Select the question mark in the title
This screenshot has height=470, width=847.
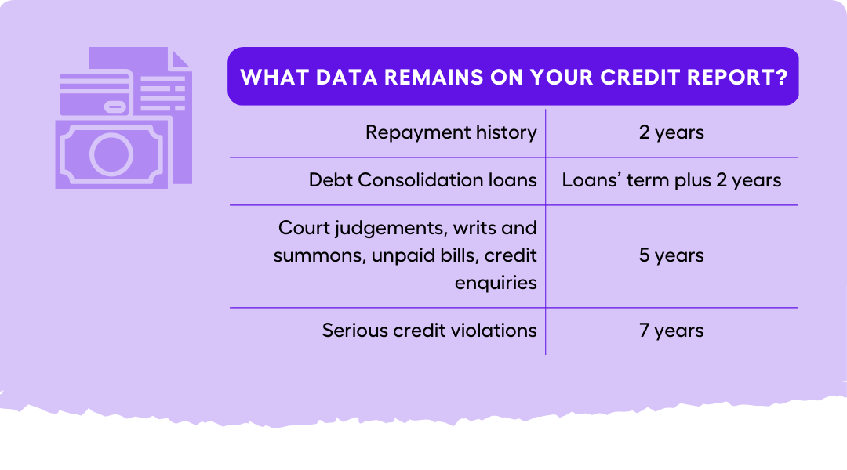(x=782, y=78)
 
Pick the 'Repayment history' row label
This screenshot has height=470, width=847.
(x=451, y=132)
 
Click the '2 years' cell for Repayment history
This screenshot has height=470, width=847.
(x=671, y=132)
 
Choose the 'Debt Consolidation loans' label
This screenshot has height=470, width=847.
(x=423, y=180)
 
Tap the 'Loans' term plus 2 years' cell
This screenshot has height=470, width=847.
(x=671, y=180)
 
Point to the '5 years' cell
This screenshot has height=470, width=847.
(x=671, y=255)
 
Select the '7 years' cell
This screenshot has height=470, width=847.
(x=671, y=331)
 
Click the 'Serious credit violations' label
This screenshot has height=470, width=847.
(x=429, y=331)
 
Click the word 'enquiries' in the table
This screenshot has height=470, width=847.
(x=496, y=283)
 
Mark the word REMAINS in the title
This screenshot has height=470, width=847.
(x=428, y=78)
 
